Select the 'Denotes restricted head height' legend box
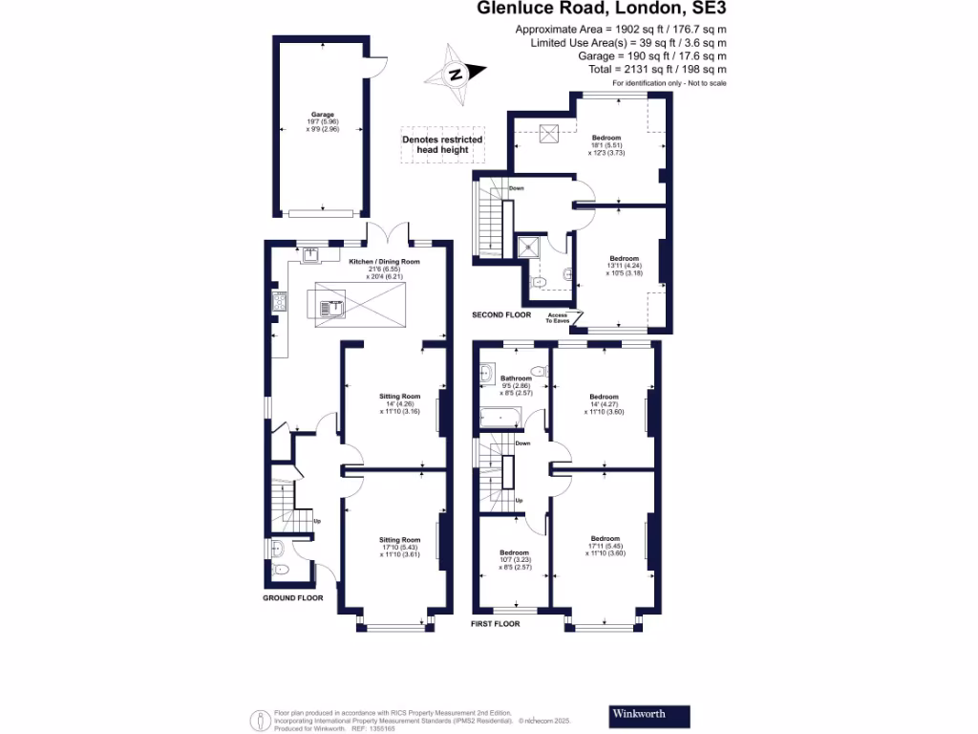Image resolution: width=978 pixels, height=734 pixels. click(442, 145)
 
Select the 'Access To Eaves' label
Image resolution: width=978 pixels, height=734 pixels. click(557, 318)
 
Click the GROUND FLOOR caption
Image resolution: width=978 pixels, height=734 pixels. click(293, 598)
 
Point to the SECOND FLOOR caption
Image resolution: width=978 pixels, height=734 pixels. click(501, 314)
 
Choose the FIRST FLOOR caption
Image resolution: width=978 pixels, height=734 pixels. click(496, 623)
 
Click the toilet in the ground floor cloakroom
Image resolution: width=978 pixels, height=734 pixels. click(280, 569)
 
